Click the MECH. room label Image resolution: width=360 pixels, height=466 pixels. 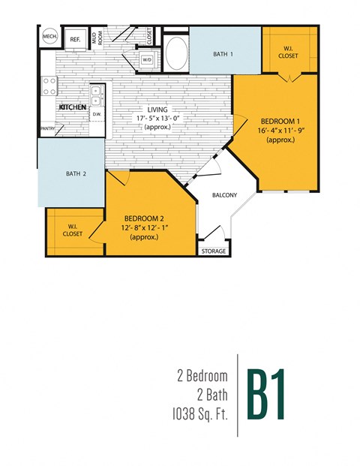(49, 37)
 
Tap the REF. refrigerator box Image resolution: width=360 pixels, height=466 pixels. (75, 39)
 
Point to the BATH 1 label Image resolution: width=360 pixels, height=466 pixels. (223, 54)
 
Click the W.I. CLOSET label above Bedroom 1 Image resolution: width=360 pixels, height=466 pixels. (286, 51)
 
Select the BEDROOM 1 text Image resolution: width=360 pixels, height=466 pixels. (282, 122)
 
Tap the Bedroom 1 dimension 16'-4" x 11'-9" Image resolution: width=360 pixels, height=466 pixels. (283, 131)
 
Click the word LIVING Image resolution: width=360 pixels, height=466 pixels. (158, 110)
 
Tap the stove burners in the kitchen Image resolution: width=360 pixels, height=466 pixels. (49, 86)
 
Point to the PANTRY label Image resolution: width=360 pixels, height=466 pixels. (49, 128)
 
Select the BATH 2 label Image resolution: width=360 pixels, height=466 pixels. (76, 173)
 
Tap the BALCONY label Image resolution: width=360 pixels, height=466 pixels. (225, 195)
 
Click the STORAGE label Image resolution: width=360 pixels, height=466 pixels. (214, 251)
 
